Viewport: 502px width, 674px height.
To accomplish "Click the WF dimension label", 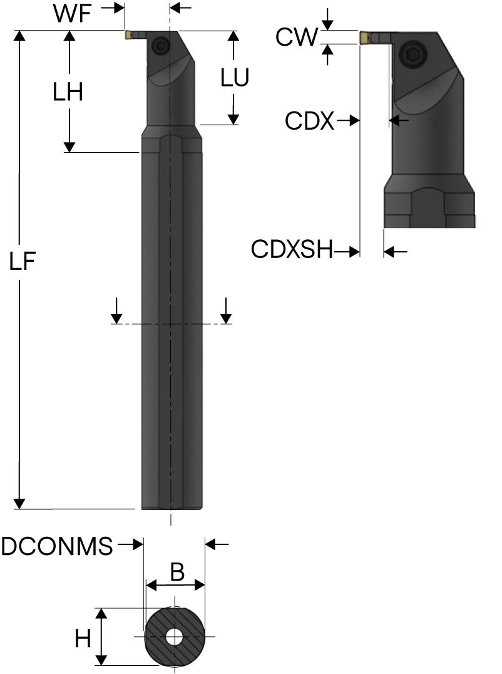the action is point(73,13).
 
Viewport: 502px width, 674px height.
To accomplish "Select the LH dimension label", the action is point(68,92).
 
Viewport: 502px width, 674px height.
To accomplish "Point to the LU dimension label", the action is point(235,78).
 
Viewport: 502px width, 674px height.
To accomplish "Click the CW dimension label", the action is point(297,37).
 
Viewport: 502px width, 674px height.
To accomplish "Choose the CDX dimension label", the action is point(309,121).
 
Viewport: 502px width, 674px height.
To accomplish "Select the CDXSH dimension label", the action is point(292,249).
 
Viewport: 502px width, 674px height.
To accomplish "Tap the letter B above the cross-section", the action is point(177,572).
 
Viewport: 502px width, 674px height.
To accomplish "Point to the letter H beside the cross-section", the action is point(83,639).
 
